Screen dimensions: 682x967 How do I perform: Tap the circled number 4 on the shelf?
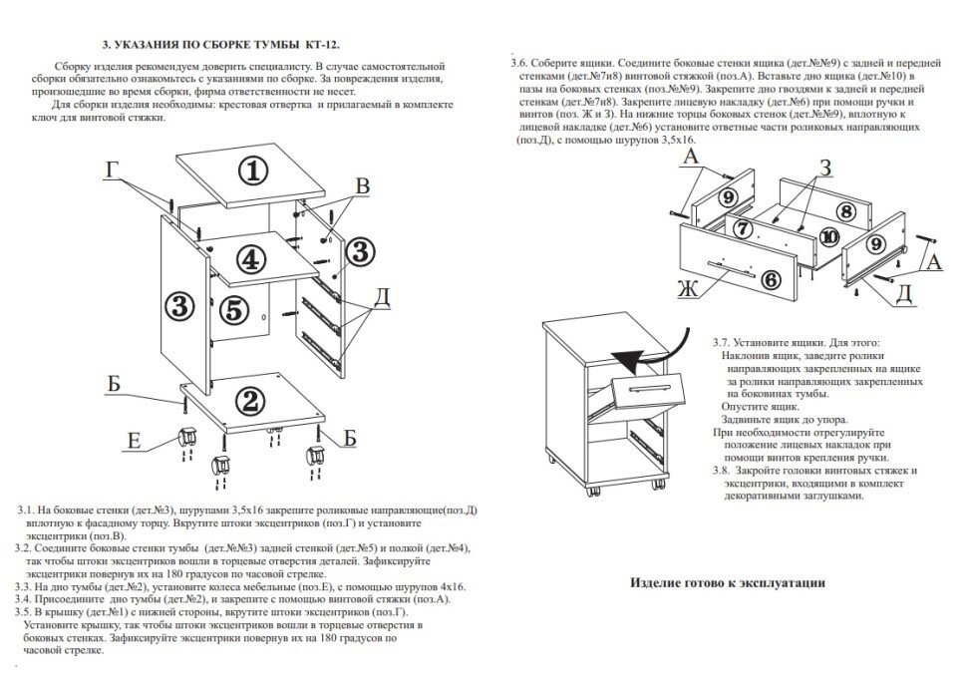[252, 258]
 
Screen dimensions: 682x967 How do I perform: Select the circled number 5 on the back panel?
[233, 309]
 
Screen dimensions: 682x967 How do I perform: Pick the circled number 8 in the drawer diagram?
[844, 210]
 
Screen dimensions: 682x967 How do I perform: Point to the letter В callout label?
[363, 186]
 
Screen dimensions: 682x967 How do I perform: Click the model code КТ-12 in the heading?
[320, 45]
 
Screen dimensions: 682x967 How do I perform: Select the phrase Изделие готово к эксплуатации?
[727, 583]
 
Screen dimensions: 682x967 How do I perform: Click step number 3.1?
[28, 510]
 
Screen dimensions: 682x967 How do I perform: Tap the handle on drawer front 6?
[730, 266]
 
